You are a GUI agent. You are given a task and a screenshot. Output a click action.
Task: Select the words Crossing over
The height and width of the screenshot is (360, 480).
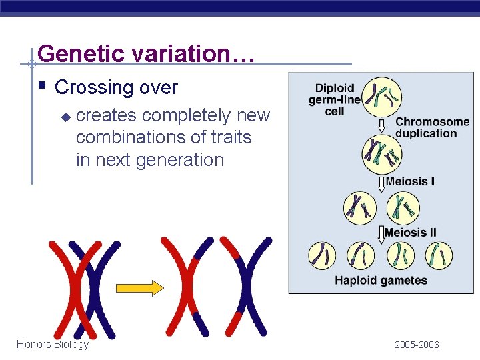116,87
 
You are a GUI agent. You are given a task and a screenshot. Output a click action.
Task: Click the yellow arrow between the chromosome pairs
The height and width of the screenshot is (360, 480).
139,288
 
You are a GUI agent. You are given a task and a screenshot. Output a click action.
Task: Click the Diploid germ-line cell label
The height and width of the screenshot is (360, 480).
334,99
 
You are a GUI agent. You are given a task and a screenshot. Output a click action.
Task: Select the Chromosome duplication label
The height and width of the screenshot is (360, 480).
432,127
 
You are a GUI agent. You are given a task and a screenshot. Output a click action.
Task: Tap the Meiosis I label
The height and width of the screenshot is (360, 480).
411,181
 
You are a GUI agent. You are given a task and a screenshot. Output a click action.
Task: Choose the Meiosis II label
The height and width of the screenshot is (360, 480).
411,233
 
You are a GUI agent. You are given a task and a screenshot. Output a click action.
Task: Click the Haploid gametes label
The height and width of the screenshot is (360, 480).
381,281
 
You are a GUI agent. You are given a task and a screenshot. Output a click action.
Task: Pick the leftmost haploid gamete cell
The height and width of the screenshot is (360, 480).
323,256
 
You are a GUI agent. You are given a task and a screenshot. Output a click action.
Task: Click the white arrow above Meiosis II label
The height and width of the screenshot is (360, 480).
381,233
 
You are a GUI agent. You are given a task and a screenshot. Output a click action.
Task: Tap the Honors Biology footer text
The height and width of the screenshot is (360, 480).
53,344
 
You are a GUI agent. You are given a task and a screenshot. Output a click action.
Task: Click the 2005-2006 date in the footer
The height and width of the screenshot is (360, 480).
417,345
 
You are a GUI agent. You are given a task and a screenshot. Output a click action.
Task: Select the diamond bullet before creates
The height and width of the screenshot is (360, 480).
65,117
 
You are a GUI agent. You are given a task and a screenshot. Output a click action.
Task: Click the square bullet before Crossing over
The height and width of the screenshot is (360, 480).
42,86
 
